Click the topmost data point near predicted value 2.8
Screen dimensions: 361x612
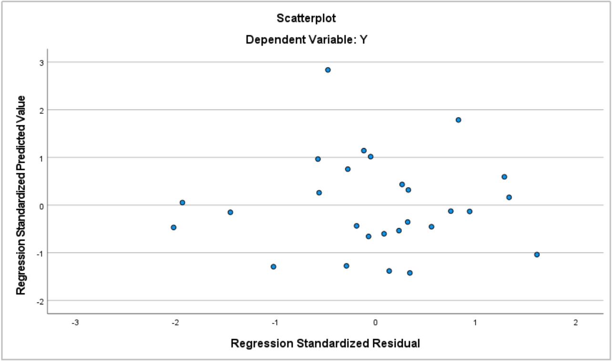[327, 70]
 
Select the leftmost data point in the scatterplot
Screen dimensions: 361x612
[173, 227]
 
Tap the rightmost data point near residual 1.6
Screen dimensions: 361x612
[537, 254]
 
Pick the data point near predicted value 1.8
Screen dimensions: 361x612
[458, 120]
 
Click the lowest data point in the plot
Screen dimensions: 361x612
[409, 273]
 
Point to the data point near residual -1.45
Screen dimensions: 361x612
[230, 212]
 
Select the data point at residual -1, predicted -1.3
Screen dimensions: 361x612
[273, 266]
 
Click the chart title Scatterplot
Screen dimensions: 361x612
[306, 19]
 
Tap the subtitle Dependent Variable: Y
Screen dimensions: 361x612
[306, 40]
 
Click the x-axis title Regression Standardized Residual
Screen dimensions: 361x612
[326, 343]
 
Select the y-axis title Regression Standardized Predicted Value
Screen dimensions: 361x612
[21, 194]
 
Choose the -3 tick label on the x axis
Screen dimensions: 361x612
[74, 322]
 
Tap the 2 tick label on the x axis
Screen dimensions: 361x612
[575, 322]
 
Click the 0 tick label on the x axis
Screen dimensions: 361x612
[375, 322]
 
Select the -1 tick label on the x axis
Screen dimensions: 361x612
[275, 322]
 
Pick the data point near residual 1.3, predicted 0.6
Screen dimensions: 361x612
[504, 177]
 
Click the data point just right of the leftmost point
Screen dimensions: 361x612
[182, 202]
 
